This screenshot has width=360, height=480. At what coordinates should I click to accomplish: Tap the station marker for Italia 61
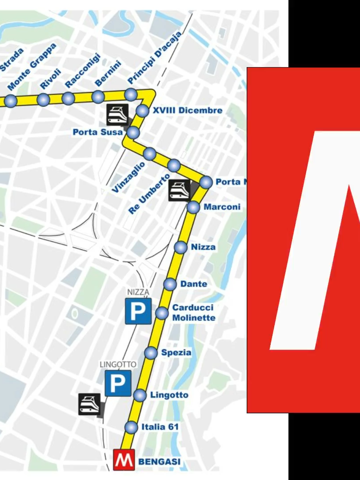(132, 428)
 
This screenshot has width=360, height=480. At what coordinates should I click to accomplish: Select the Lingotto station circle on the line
(140, 395)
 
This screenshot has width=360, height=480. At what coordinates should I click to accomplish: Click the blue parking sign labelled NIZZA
(138, 311)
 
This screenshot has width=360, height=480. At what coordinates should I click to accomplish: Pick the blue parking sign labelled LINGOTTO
(118, 383)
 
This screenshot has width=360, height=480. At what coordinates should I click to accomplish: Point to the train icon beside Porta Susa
(117, 114)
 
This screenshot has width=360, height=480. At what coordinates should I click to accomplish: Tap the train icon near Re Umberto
(180, 191)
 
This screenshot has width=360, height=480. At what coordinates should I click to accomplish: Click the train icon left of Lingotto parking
(89, 404)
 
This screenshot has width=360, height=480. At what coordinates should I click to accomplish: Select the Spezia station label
(176, 353)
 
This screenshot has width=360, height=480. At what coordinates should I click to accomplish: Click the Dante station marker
(170, 284)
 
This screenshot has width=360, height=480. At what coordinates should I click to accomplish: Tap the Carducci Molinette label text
(194, 312)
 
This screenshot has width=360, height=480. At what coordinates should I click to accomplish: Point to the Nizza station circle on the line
(181, 248)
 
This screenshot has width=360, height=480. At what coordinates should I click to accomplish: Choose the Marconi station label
(222, 207)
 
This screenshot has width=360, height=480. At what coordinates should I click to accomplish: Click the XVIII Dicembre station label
(188, 110)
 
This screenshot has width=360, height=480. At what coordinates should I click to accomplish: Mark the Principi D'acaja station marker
(131, 94)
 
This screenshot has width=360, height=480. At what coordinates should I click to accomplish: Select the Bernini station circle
(98, 96)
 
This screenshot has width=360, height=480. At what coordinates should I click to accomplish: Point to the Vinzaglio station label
(128, 177)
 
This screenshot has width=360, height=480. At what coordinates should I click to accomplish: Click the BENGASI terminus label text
(160, 462)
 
